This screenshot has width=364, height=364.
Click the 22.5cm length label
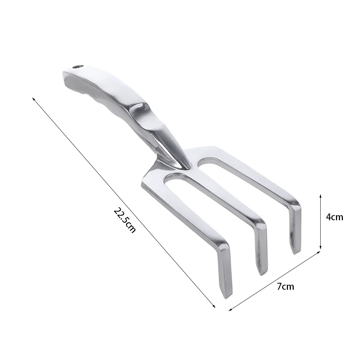point(124,220)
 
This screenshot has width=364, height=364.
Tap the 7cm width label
point(285,287)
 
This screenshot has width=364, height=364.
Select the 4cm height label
point(335,217)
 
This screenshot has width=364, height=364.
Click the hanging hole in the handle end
point(78,67)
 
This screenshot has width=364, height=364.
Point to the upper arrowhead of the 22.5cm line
point(33,99)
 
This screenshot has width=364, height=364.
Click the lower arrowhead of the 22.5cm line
point(214,306)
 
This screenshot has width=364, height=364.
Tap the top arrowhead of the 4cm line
point(321,196)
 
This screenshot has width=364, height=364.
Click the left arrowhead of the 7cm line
point(230,309)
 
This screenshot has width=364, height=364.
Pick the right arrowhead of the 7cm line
point(318,252)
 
